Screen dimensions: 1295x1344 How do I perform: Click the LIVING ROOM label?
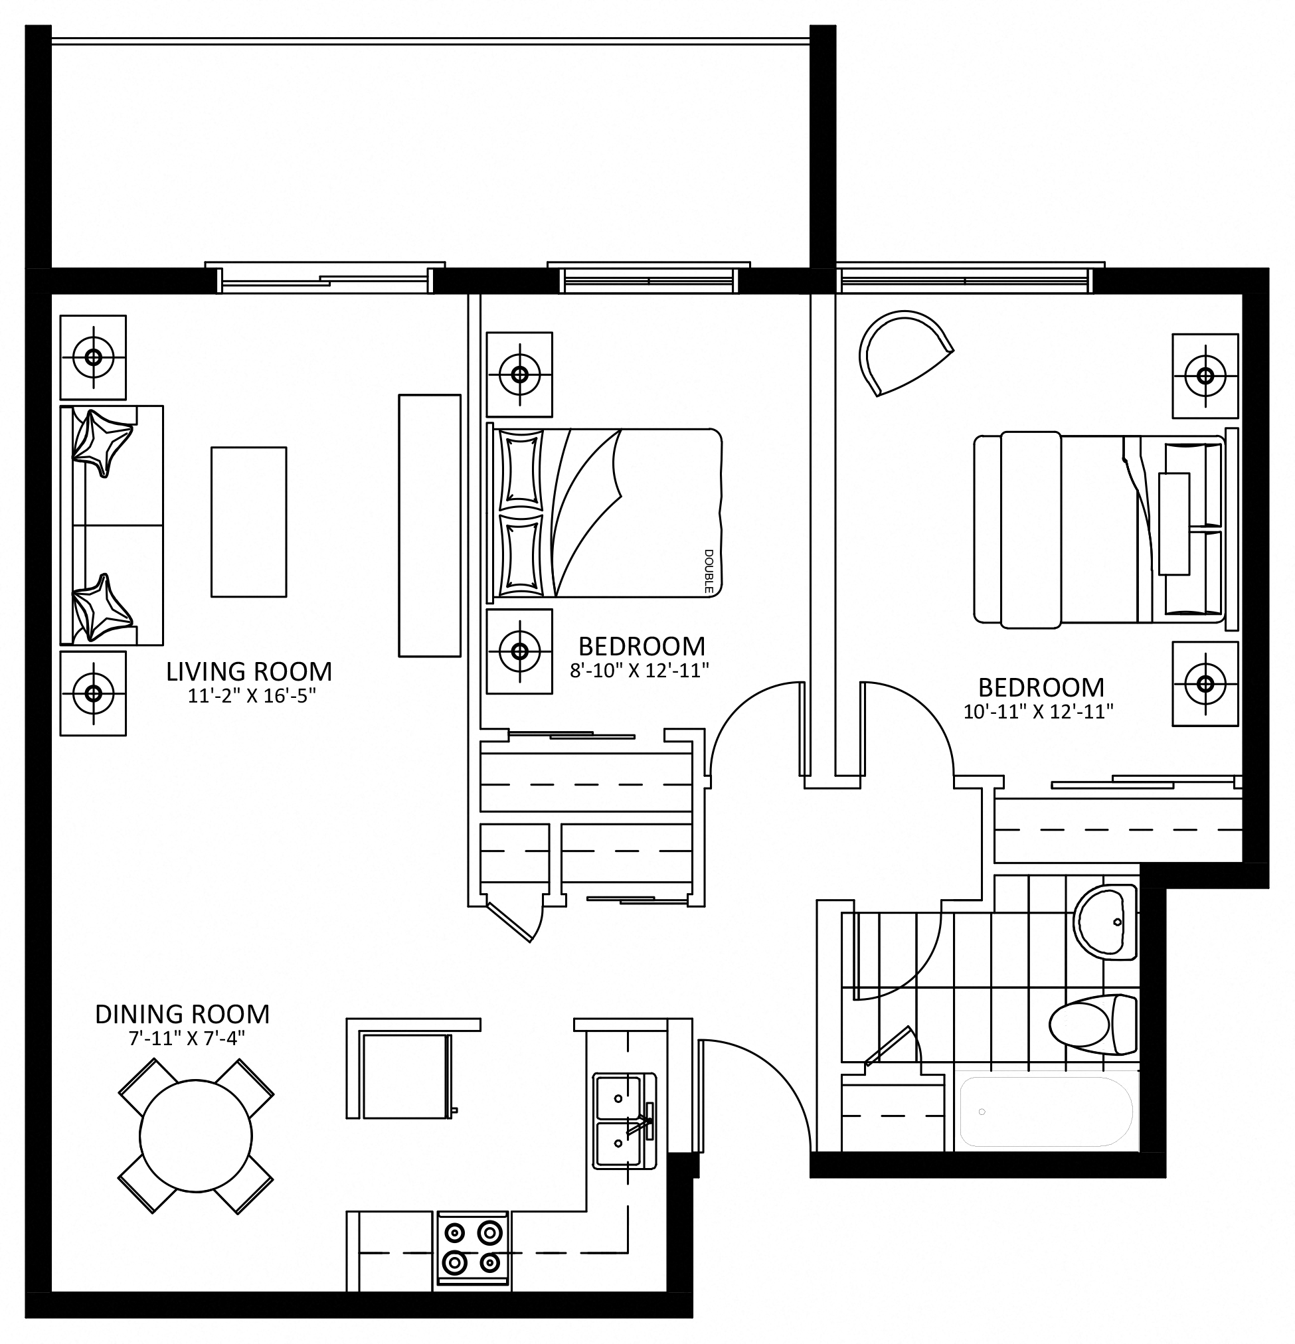coord(249,671)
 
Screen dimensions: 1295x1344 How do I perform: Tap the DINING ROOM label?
coord(183,1014)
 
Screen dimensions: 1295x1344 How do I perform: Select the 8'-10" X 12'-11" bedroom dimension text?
coord(640,671)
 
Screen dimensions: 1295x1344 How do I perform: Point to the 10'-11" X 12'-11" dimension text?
coord(1038,712)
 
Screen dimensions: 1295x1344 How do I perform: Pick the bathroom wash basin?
coord(1104,923)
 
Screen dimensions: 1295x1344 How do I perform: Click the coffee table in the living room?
coord(248,522)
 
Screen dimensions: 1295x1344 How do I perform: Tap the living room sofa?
coord(111,525)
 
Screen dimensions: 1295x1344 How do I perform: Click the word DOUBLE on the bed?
coord(709,571)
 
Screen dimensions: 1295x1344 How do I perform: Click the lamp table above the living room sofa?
coord(92,357)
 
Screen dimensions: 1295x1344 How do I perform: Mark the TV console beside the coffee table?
coord(430,526)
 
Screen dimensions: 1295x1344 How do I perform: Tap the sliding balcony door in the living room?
coord(326,278)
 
